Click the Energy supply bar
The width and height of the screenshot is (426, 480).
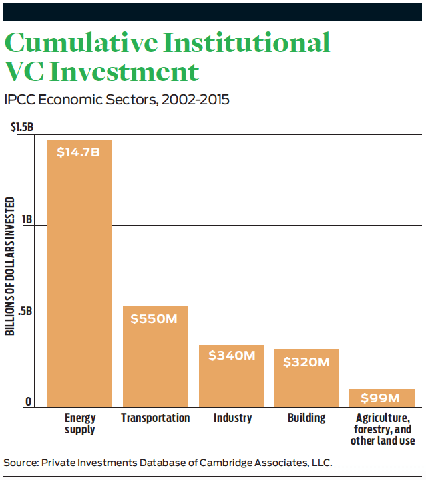tap(79, 273)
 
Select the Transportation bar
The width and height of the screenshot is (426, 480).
tap(156, 356)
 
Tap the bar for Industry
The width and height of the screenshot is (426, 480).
tap(232, 376)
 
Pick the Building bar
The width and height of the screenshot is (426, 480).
tap(306, 378)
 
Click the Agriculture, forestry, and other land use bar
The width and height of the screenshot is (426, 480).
tap(382, 398)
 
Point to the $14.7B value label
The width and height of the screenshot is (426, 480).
tap(78, 152)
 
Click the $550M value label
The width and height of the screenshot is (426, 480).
tap(154, 319)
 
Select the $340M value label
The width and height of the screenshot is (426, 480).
tap(232, 356)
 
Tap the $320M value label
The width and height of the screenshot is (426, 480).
tap(306, 362)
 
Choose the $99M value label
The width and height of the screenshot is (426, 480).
tap(380, 398)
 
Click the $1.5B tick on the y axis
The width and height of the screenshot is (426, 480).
tap(22, 127)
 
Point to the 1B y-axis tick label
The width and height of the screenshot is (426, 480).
tap(27, 219)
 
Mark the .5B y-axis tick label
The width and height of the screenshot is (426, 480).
tap(25, 311)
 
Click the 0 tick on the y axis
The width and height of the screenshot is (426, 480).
tap(28, 402)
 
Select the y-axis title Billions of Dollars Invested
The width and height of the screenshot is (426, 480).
tap(10, 265)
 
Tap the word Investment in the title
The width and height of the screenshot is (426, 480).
tap(124, 72)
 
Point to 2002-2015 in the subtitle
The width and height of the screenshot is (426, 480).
tap(196, 100)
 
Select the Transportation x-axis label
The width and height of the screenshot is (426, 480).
tap(156, 418)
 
